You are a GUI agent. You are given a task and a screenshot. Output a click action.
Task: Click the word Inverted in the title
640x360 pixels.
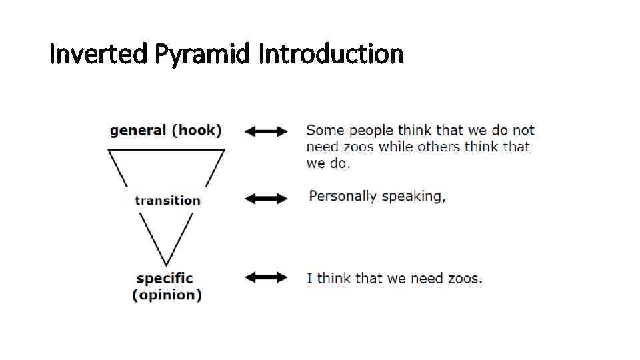(x=99, y=53)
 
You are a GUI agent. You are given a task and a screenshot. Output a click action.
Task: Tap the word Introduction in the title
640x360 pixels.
(x=331, y=53)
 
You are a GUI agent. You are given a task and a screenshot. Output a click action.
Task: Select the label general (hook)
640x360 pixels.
(x=165, y=131)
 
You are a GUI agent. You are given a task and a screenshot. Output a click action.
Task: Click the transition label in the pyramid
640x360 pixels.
(x=167, y=201)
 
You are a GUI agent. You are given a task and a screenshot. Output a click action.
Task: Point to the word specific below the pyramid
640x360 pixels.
(x=165, y=279)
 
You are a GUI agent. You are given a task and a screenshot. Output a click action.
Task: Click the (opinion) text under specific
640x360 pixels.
(x=167, y=295)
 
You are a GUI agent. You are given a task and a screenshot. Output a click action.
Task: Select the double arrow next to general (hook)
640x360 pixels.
(x=267, y=131)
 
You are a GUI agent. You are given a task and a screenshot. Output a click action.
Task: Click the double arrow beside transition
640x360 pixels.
(x=267, y=198)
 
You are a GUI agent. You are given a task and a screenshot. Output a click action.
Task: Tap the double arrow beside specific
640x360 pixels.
(x=267, y=277)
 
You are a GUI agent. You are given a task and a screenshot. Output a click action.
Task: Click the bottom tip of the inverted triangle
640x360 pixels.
(x=165, y=265)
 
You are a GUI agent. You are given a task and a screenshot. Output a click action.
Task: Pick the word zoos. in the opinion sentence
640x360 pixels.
(x=465, y=278)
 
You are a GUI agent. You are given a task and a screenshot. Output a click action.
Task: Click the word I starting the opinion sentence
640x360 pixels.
(x=309, y=278)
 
